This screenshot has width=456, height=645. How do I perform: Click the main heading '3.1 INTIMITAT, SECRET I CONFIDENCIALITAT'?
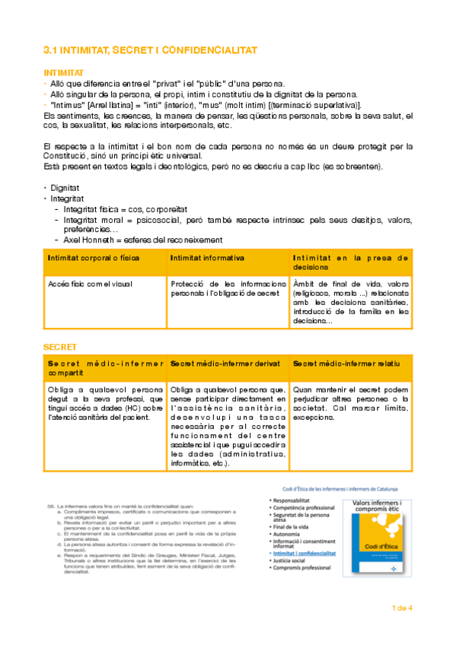tap(150, 50)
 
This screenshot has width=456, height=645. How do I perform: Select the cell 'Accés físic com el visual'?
tap(90, 284)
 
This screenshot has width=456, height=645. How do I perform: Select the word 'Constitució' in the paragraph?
tap(65, 155)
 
